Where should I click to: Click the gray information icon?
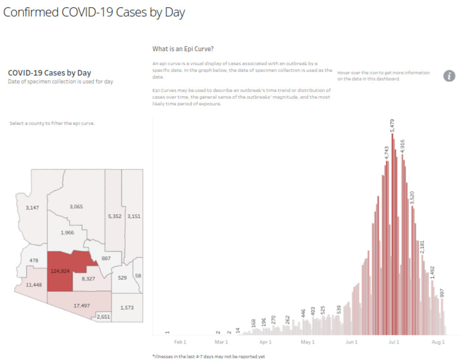[x=449, y=76]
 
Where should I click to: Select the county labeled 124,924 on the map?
[x=60, y=272]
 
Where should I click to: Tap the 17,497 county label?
[x=82, y=306]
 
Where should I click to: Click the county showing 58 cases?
[x=138, y=276]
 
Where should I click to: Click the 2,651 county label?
[x=103, y=316]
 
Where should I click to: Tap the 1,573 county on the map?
[x=127, y=308]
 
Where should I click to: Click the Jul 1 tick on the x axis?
[x=393, y=342]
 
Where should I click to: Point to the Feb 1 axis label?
[x=180, y=342]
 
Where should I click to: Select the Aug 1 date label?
[x=438, y=342]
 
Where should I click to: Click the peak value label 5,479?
[x=393, y=126]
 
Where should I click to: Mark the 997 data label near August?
[x=442, y=292]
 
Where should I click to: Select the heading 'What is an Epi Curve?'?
[x=183, y=49]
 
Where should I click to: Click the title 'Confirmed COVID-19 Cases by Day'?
[x=94, y=12]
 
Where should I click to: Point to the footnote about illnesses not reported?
[x=208, y=356]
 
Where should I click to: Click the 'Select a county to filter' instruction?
[x=52, y=123]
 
